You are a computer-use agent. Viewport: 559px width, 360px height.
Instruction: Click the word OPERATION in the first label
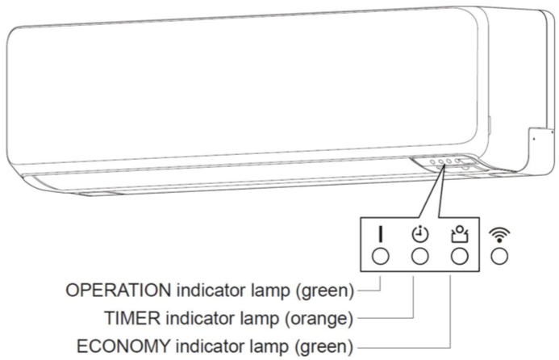pos(119,290)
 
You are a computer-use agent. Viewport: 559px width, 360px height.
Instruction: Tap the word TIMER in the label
pos(132,317)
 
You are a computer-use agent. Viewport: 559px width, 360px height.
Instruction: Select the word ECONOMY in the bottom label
pos(123,345)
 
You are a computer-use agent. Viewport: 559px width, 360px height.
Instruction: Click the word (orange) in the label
pos(319,318)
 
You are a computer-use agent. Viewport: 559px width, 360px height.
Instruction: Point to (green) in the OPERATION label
pos(325,291)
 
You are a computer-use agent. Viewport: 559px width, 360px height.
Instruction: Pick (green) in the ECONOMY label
pos(324,346)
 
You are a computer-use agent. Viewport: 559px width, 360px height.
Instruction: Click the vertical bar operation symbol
pos(381,234)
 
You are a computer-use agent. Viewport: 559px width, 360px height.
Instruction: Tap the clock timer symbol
pos(420,234)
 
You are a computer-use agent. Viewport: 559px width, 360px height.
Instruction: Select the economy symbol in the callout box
pos(460,234)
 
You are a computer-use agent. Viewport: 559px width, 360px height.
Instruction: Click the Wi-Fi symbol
pos(499,235)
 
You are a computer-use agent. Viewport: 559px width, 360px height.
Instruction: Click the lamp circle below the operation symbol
pos(381,256)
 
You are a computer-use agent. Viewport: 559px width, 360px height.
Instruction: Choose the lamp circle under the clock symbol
pos(420,256)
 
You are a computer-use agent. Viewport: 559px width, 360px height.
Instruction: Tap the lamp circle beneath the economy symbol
pos(460,256)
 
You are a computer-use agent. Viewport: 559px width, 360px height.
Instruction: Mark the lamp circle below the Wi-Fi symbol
pos(499,256)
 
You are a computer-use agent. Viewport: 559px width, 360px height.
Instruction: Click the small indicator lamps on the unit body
pos(445,161)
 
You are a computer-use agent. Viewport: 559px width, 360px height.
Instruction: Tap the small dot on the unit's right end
pos(534,139)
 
